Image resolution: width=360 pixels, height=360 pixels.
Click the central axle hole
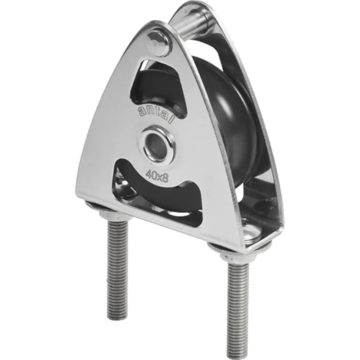pyautogui.click(x=157, y=144)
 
